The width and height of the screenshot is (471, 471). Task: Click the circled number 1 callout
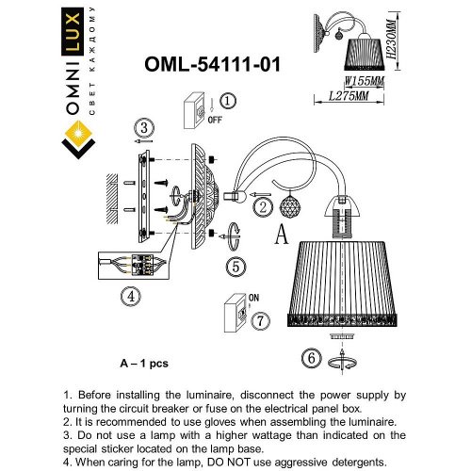tap(229, 101)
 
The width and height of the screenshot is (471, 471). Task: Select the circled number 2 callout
tap(265, 206)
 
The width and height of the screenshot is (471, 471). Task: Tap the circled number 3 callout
tap(142, 128)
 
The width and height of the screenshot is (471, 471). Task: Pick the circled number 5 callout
tap(235, 267)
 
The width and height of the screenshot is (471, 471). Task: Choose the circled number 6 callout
tap(310, 357)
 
